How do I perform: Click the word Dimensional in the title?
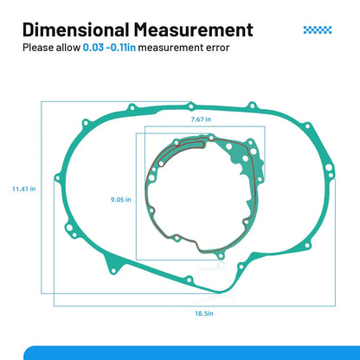coord(76,29)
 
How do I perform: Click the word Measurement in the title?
coord(193,29)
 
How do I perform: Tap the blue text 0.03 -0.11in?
coord(109,48)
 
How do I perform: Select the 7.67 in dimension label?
coord(201,119)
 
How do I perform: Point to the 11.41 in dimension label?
coord(24,189)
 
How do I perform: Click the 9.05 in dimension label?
coord(121,199)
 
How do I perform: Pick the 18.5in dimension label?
coord(204,313)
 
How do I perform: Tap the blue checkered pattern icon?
coord(318,29)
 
